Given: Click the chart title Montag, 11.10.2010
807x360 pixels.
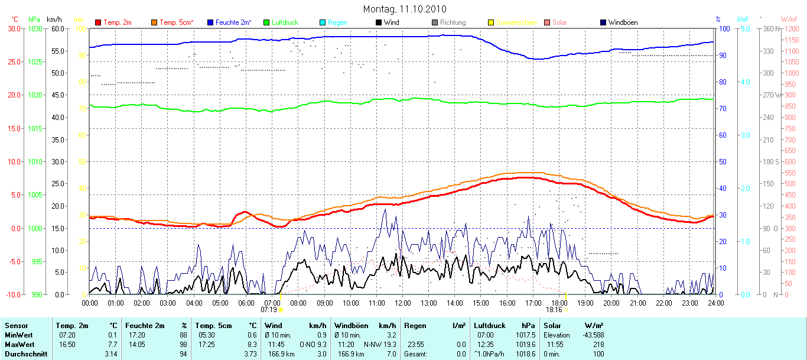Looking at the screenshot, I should tap(405, 9).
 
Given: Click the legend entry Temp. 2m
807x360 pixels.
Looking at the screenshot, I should tap(116, 22).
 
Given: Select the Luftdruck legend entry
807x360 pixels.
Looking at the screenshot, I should tap(285, 22).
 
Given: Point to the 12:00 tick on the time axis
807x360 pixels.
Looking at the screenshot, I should tap(402, 303).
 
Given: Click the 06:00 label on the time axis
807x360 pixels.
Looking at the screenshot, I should tap(246, 303).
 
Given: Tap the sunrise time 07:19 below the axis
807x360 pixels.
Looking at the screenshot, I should tap(269, 309).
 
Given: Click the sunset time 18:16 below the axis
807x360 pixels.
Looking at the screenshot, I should tap(554, 309).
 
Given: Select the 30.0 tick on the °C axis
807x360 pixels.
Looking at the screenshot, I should tap(13, 28).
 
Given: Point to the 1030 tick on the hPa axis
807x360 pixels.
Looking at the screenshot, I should tap(35, 28).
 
